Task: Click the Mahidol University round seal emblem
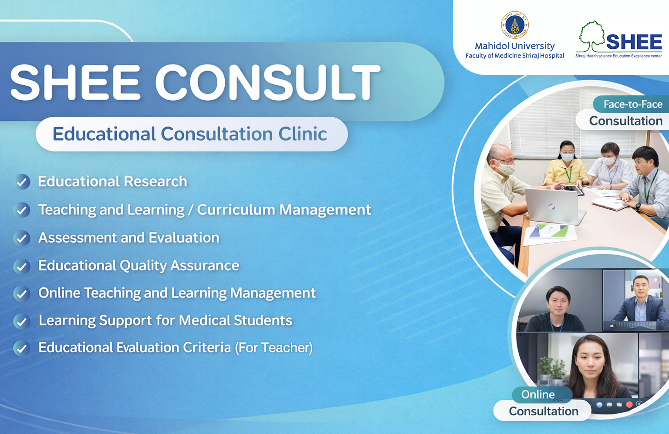pos(514,25)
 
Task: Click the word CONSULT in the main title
pos(267,82)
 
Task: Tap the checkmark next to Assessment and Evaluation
pos(22,238)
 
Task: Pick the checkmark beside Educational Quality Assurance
pos(22,266)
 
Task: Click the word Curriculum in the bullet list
pos(236,210)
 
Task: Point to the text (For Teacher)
pos(274,348)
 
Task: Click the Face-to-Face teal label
pos(632,104)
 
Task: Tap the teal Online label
pos(538,394)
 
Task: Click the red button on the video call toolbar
pos(629,405)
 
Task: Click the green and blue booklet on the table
pos(549,232)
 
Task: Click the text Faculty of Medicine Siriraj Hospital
pos(514,56)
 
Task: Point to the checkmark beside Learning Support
pos(22,321)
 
